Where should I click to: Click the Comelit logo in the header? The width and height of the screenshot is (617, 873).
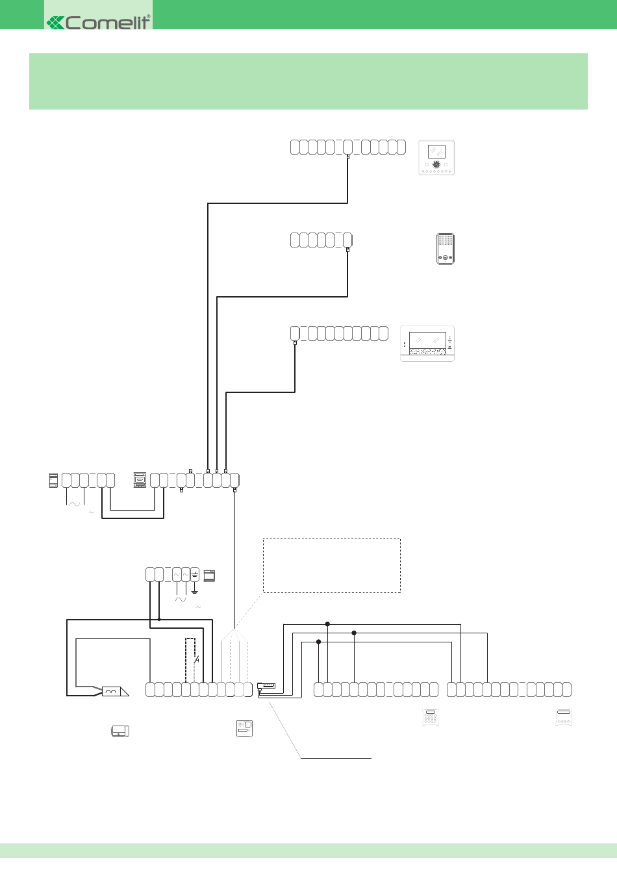(x=99, y=22)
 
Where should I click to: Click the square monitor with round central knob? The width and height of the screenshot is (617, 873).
(x=436, y=158)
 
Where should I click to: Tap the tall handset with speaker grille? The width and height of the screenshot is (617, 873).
(x=445, y=249)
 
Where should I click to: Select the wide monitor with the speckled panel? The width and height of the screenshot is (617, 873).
(x=427, y=344)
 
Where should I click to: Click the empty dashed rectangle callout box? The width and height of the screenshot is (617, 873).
(x=331, y=565)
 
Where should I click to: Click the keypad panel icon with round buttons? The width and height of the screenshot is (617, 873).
(x=430, y=717)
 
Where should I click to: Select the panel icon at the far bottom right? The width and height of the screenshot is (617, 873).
(x=563, y=717)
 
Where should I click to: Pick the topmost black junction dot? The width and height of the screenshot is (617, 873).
(x=327, y=624)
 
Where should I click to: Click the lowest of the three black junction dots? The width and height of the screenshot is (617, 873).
(x=318, y=642)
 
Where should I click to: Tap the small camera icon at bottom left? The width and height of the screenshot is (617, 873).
(x=120, y=731)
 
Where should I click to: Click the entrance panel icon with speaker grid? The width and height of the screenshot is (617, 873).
(x=244, y=728)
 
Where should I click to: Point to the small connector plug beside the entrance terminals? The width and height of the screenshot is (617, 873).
(x=267, y=686)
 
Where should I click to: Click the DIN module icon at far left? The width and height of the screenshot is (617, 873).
(x=54, y=481)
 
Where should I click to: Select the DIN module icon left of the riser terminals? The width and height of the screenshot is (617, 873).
(x=140, y=480)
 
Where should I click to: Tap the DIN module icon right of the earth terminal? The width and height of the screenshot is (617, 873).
(x=209, y=576)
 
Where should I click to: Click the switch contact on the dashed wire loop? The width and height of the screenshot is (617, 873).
(x=196, y=659)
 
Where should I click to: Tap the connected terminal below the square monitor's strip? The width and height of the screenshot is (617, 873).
(x=348, y=147)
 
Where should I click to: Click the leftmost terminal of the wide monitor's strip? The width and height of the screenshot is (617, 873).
(x=295, y=334)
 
